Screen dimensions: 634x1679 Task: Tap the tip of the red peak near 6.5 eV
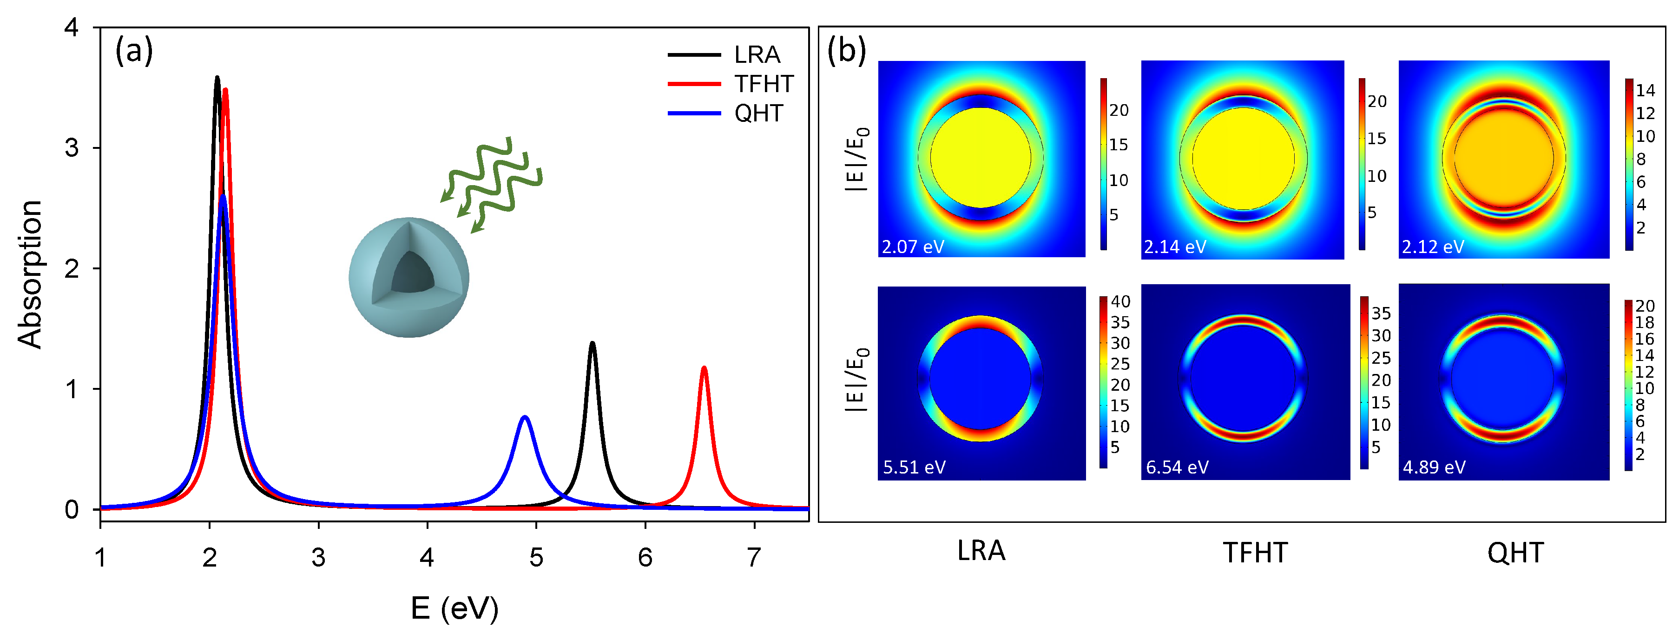click(x=704, y=368)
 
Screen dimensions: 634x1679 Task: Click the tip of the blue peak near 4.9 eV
click(x=525, y=417)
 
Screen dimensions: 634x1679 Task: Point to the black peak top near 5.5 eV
click(x=592, y=344)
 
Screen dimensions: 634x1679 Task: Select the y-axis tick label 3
click(x=72, y=148)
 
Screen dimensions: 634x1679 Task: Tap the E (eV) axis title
click(x=454, y=608)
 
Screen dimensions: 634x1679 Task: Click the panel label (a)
click(x=134, y=50)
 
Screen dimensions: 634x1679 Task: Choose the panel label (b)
click(x=846, y=50)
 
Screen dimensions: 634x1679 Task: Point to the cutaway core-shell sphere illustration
click(x=408, y=277)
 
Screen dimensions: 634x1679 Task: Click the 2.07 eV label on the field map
click(x=913, y=247)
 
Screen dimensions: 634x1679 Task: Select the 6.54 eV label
click(x=1177, y=467)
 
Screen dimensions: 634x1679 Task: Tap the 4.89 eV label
click(x=1434, y=467)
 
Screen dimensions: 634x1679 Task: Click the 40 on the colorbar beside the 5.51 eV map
click(x=1120, y=301)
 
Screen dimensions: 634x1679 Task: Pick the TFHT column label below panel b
click(x=1255, y=553)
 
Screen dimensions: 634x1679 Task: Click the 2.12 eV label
click(x=1433, y=247)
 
